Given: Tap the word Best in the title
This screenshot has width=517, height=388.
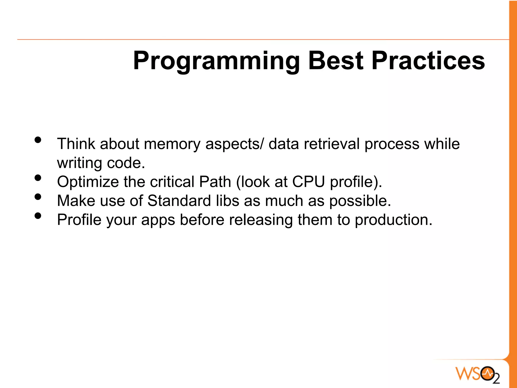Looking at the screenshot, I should pyautogui.click(x=336, y=61).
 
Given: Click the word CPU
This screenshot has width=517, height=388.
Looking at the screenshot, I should pyautogui.click(x=308, y=182).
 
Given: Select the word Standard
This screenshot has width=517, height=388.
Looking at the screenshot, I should pyautogui.click(x=179, y=201).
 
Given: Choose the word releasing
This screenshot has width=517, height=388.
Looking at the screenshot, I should pyautogui.click(x=261, y=220).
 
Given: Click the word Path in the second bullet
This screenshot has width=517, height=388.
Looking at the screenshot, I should pyautogui.click(x=215, y=182).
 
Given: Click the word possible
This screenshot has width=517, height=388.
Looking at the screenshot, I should pyautogui.click(x=360, y=201).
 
